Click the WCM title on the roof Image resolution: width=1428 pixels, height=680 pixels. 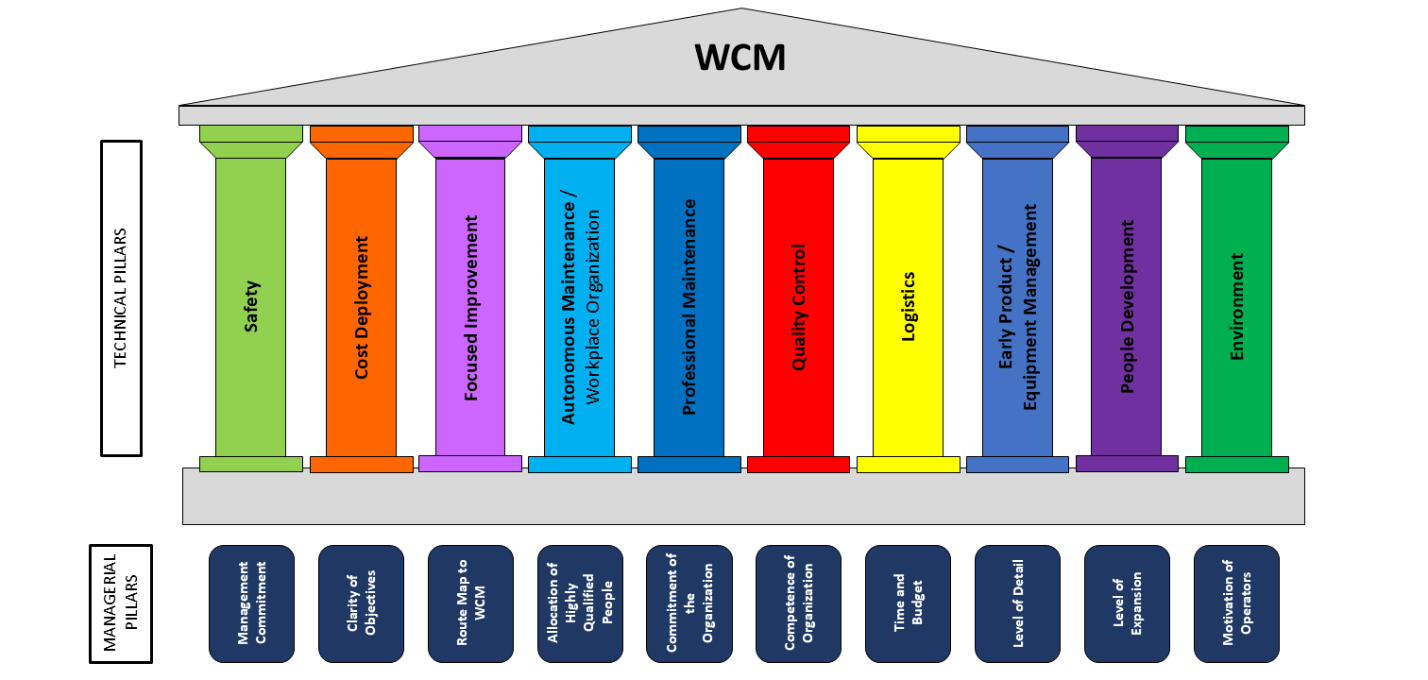[x=740, y=59]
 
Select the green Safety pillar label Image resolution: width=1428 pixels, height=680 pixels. [x=251, y=306]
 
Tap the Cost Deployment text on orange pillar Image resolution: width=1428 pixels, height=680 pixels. [x=362, y=308]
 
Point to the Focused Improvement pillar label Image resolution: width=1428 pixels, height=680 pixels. [x=471, y=308]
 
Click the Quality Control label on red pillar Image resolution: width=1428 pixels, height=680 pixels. [x=799, y=308]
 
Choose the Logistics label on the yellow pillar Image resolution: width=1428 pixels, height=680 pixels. [x=909, y=307]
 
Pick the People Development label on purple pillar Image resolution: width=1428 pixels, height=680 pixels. [x=1128, y=308]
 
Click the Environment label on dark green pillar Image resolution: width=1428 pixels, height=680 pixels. [x=1237, y=307]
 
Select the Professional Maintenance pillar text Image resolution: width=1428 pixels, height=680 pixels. [x=689, y=308]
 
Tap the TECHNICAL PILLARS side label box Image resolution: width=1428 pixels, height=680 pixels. [x=121, y=298]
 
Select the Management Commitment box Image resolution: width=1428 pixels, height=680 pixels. [x=251, y=603]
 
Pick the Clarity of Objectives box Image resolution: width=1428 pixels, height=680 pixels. [x=361, y=603]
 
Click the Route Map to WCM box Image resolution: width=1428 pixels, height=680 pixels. [x=470, y=603]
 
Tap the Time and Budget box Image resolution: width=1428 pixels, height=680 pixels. [x=908, y=603]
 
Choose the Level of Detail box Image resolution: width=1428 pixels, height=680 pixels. [x=1017, y=603]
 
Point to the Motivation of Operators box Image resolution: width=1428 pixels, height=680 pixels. [x=1236, y=603]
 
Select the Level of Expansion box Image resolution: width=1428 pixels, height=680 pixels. [x=1127, y=603]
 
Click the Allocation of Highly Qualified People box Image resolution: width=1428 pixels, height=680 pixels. [x=580, y=603]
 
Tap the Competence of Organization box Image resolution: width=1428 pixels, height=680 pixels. [x=798, y=603]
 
